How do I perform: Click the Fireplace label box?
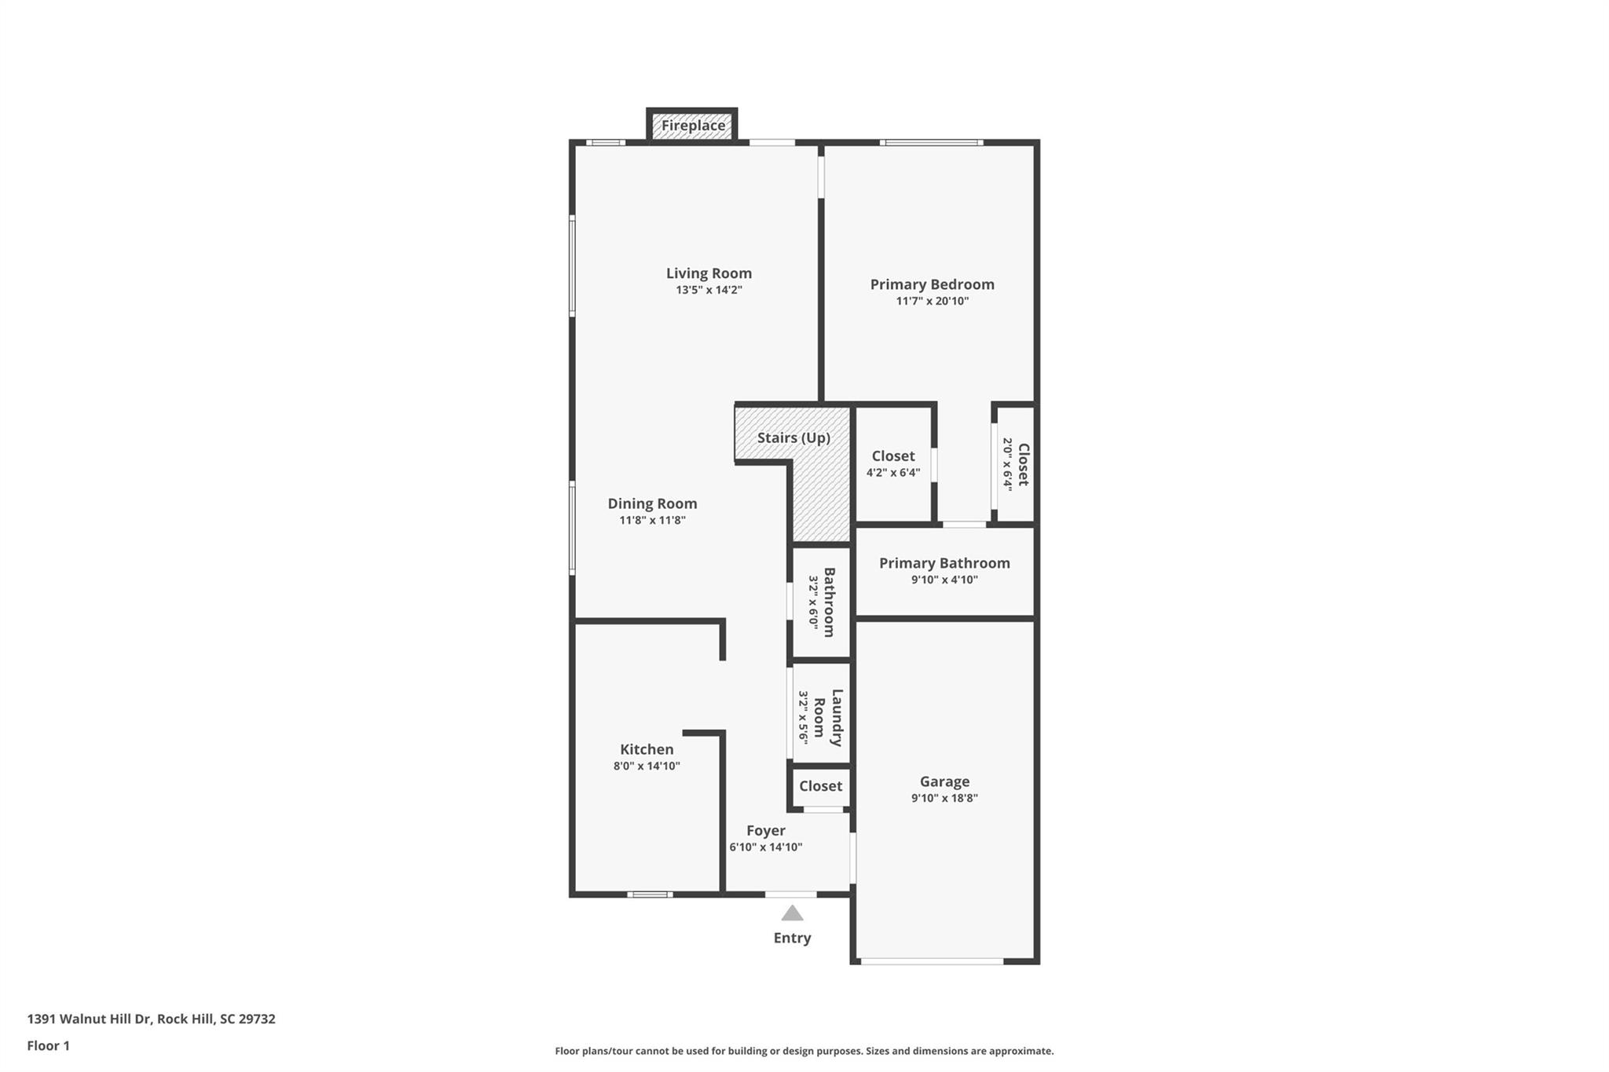pyautogui.click(x=692, y=126)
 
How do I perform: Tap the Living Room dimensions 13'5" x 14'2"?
pyautogui.click(x=709, y=290)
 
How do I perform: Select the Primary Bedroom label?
pyautogui.click(x=932, y=284)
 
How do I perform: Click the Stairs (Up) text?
pyautogui.click(x=794, y=437)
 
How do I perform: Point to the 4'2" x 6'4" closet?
pyautogui.click(x=893, y=463)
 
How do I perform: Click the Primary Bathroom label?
pyautogui.click(x=944, y=563)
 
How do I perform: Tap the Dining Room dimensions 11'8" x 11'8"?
pyautogui.click(x=652, y=520)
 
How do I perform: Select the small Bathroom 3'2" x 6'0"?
pyautogui.click(x=821, y=602)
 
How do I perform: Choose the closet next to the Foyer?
pyautogui.click(x=820, y=786)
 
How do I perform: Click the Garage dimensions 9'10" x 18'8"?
pyautogui.click(x=944, y=798)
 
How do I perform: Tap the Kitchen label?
pyautogui.click(x=647, y=749)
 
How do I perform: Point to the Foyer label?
pyautogui.click(x=765, y=830)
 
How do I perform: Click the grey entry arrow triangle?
pyautogui.click(x=792, y=913)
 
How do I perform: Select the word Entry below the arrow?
pyautogui.click(x=792, y=938)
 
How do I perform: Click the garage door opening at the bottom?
pyautogui.click(x=931, y=960)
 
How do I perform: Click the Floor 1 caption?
pyautogui.click(x=48, y=1045)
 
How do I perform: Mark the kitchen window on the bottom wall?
pyautogui.click(x=650, y=894)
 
